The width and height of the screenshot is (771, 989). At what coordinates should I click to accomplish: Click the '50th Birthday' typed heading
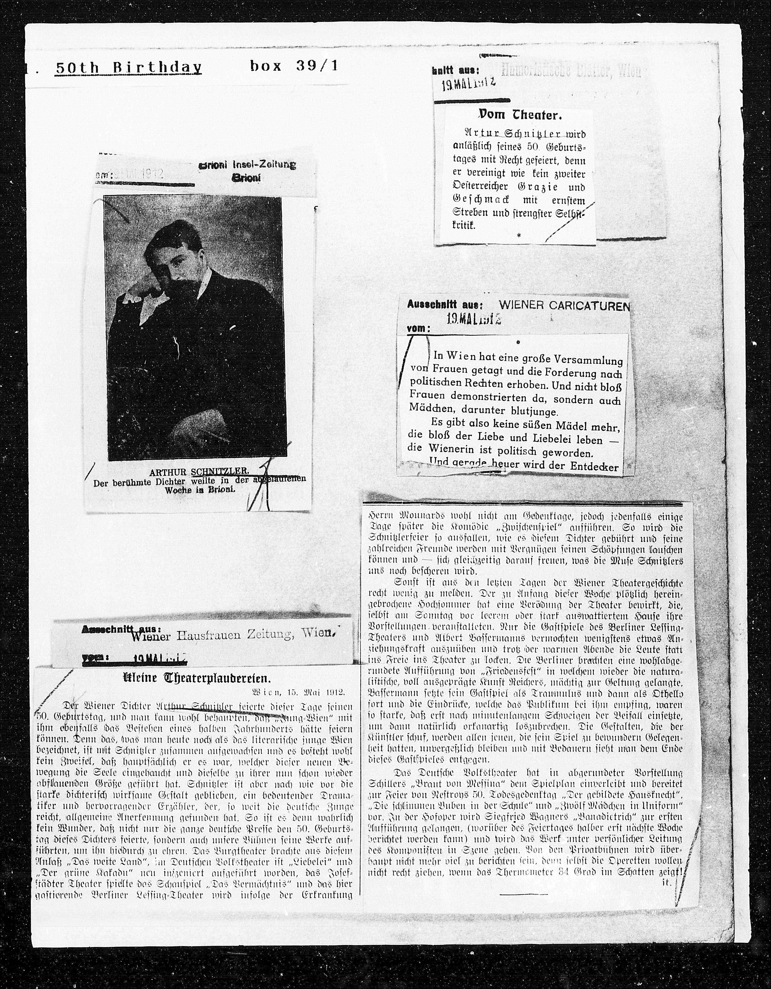[128, 68]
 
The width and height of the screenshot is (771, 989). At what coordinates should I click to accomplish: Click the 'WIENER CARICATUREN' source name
[564, 306]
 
